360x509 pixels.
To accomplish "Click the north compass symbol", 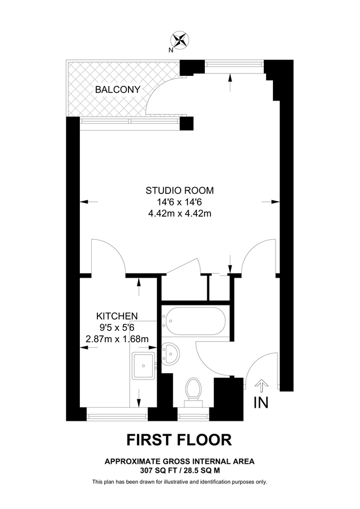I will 180,40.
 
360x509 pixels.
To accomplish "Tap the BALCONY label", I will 117,89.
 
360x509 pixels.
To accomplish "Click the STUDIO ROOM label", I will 180,190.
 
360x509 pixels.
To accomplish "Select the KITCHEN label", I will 117,316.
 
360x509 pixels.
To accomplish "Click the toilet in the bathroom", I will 194,390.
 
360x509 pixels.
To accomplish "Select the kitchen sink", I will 143,366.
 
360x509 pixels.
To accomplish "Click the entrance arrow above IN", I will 261,386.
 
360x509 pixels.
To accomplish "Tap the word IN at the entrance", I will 261,403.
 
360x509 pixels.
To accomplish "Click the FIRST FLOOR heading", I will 179,439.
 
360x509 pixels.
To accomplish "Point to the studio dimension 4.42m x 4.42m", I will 180,213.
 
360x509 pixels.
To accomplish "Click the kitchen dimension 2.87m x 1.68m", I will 117,339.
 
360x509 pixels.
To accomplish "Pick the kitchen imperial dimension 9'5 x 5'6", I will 117,327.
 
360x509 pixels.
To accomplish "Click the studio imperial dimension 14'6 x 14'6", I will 180,202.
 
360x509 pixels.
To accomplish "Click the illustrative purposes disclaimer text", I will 179,482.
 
